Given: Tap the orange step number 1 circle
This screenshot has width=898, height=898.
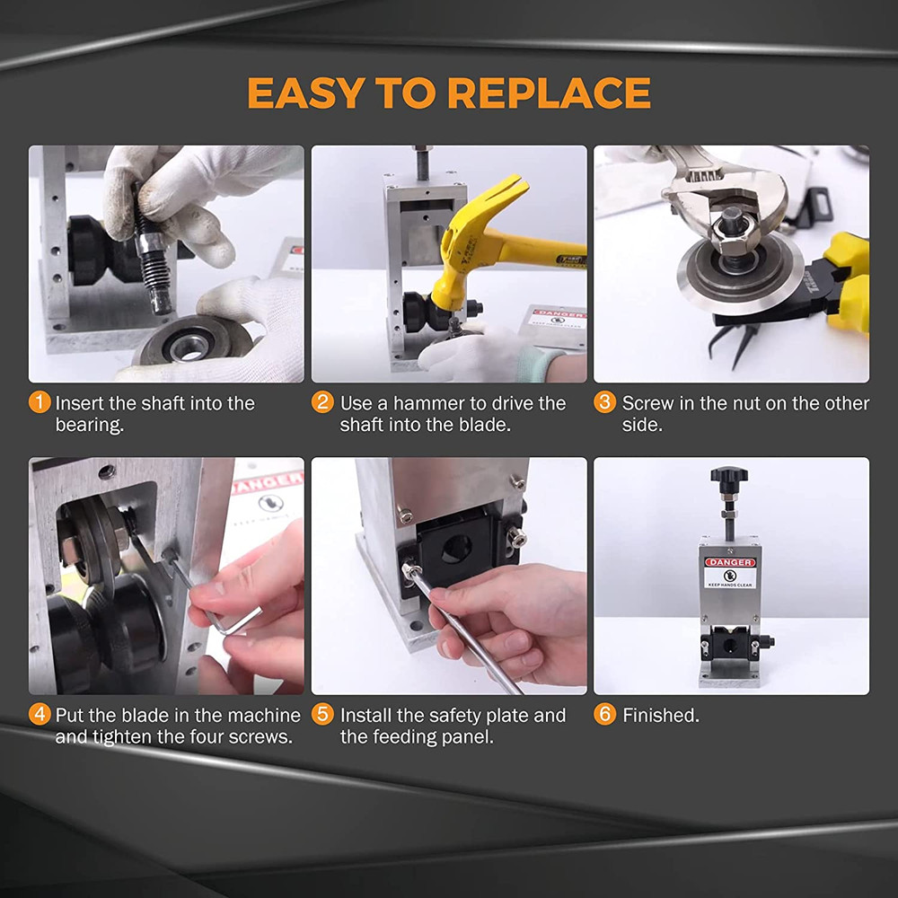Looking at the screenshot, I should click(40, 402).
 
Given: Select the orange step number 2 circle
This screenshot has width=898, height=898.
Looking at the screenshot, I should click(322, 402).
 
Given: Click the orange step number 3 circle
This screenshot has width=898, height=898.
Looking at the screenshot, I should click(605, 402).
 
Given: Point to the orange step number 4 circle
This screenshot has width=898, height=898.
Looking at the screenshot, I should click(40, 715).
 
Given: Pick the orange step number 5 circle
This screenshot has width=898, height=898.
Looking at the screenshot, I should click(322, 715).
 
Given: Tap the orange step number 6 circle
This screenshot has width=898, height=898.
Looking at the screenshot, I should click(605, 715).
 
